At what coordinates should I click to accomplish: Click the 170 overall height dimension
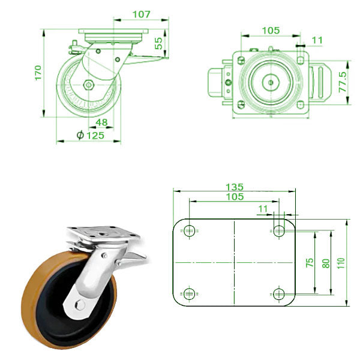38,73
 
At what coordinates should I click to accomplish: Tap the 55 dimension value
159,43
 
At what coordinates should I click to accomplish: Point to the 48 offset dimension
101,122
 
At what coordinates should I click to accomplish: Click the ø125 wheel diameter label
91,136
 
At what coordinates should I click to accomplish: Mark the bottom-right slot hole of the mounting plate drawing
278,293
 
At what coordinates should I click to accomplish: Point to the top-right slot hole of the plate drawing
278,230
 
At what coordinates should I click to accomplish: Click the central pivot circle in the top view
270,81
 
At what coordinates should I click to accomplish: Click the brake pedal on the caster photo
134,259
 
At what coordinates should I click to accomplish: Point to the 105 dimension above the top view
271,30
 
